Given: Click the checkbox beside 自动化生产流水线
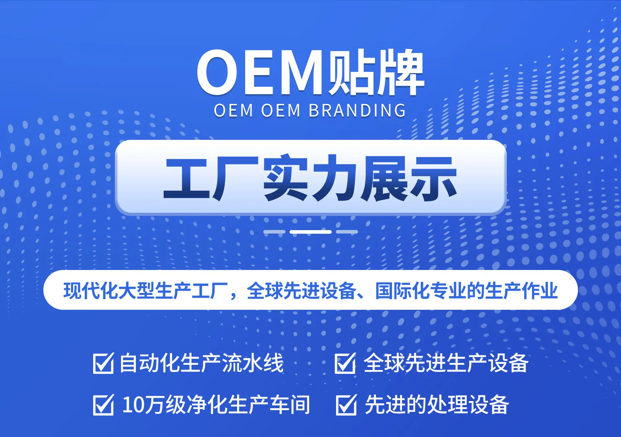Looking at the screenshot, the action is pyautogui.click(x=103, y=363).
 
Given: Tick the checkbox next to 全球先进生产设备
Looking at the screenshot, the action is pyautogui.click(x=345, y=363).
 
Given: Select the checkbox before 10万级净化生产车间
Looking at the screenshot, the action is pyautogui.click(x=103, y=405).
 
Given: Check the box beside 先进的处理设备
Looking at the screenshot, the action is pyautogui.click(x=346, y=405).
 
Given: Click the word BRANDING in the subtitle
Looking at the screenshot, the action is pyautogui.click(x=357, y=110).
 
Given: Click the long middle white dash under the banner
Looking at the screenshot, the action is pyautogui.click(x=310, y=232).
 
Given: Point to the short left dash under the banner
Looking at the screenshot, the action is pyautogui.click(x=274, y=232).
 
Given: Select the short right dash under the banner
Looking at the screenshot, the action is pyautogui.click(x=347, y=232).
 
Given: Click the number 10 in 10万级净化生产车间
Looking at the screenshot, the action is pyautogui.click(x=133, y=405).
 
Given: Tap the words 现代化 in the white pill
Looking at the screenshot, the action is pyautogui.click(x=91, y=290).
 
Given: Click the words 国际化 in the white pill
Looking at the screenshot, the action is pyautogui.click(x=402, y=290).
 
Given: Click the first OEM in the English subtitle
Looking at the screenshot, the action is pyautogui.click(x=233, y=110).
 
